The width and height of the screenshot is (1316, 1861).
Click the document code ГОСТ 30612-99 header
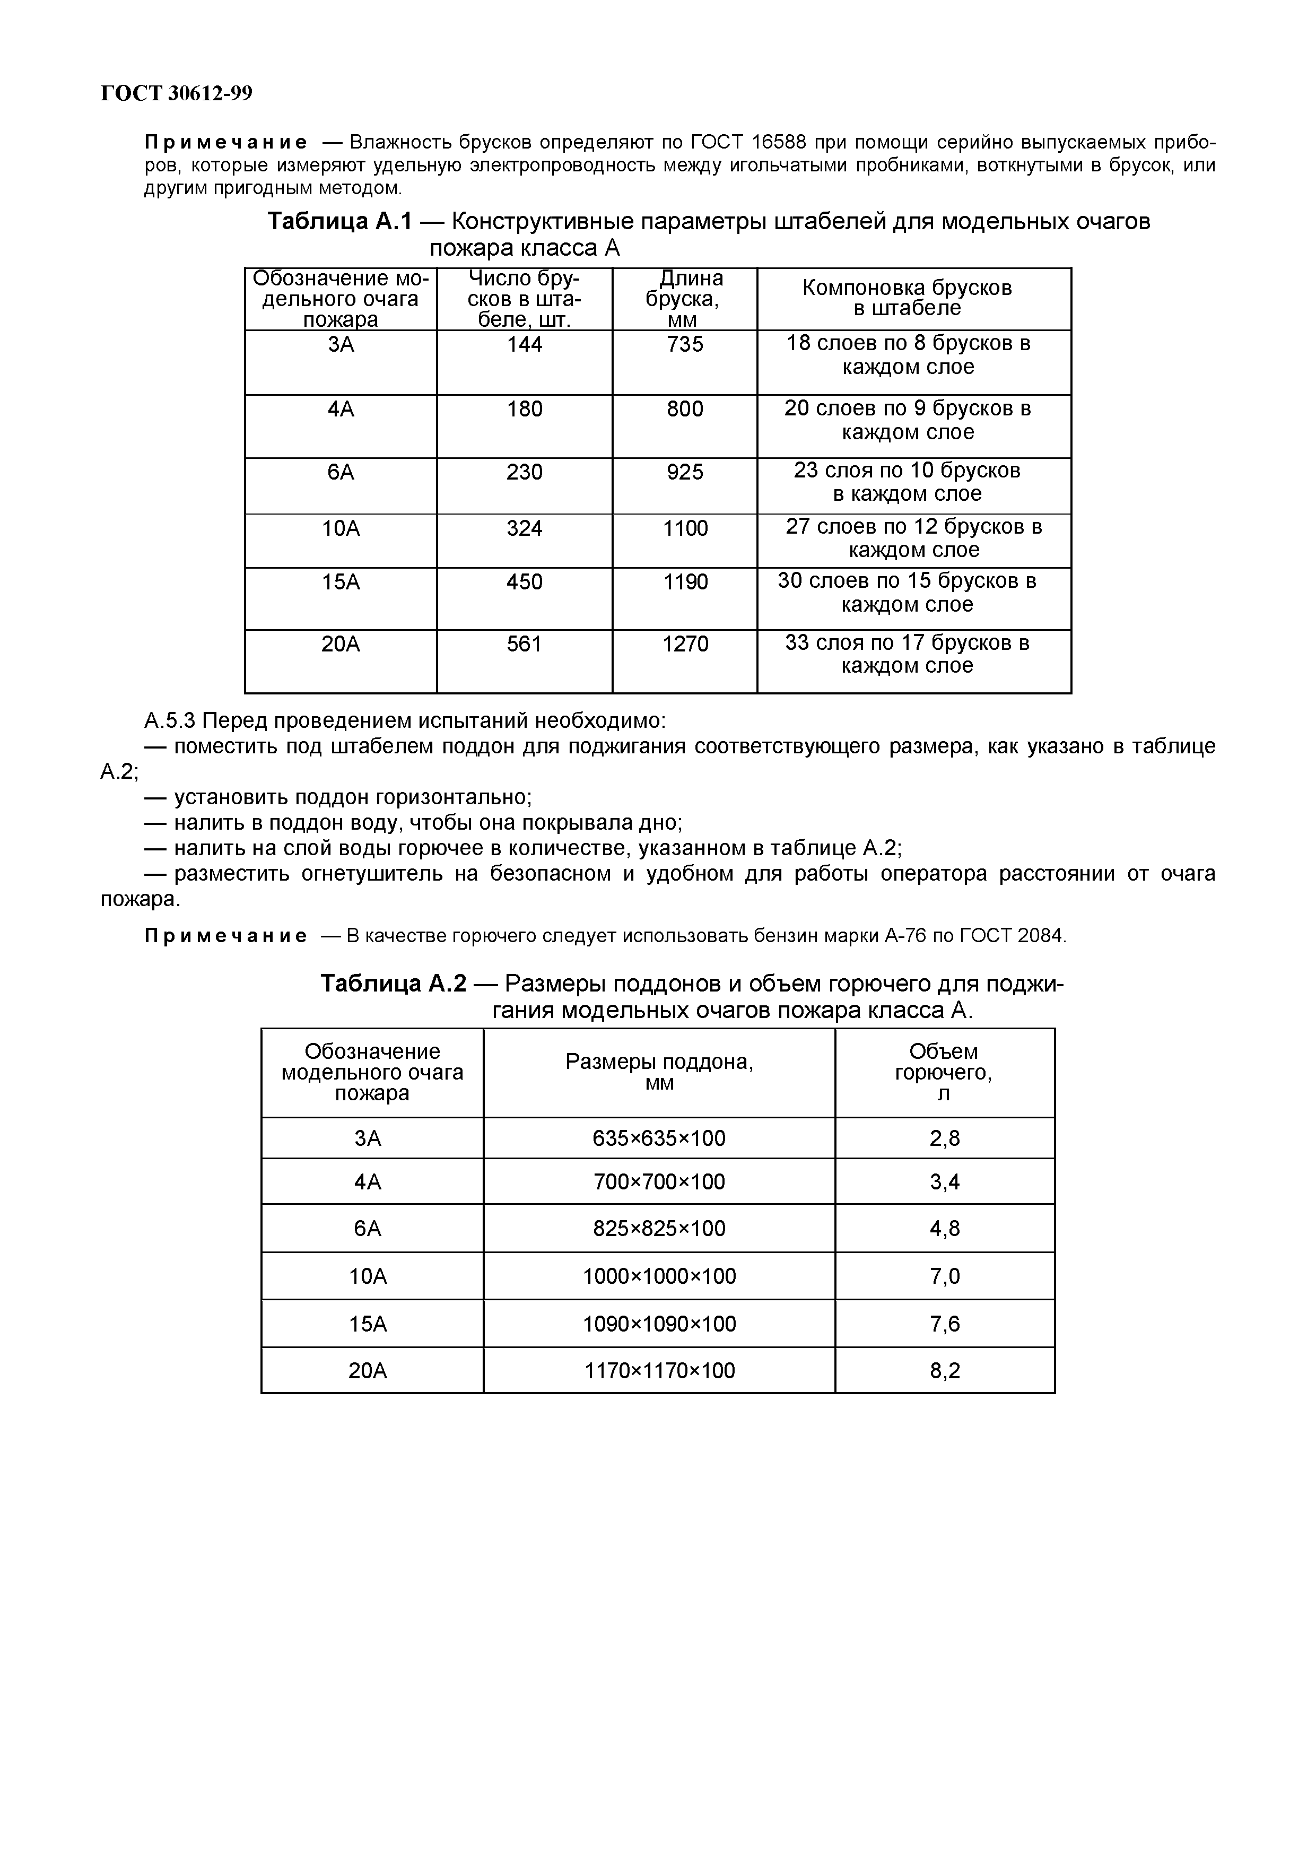click(x=176, y=94)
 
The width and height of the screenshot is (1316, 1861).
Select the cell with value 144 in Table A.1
click(x=524, y=344)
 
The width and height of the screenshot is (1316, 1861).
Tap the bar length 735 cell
click(x=685, y=344)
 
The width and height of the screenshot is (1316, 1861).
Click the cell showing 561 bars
click(x=524, y=645)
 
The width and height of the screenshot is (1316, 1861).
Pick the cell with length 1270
click(x=685, y=645)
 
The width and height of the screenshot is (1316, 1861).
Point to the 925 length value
click(x=685, y=472)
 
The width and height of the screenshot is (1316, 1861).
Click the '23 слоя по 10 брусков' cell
click(x=907, y=482)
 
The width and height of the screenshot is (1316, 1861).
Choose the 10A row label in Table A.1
click(x=341, y=528)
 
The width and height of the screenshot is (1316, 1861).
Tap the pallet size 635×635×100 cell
click(x=659, y=1139)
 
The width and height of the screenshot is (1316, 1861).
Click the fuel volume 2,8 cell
click(x=944, y=1139)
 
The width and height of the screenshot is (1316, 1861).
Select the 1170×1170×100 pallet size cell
click(x=659, y=1371)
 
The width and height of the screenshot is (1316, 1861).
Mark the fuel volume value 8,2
click(x=944, y=1371)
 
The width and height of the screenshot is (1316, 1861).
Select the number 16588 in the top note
click(x=778, y=143)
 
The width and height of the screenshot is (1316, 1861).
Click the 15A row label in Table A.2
click(x=368, y=1325)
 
